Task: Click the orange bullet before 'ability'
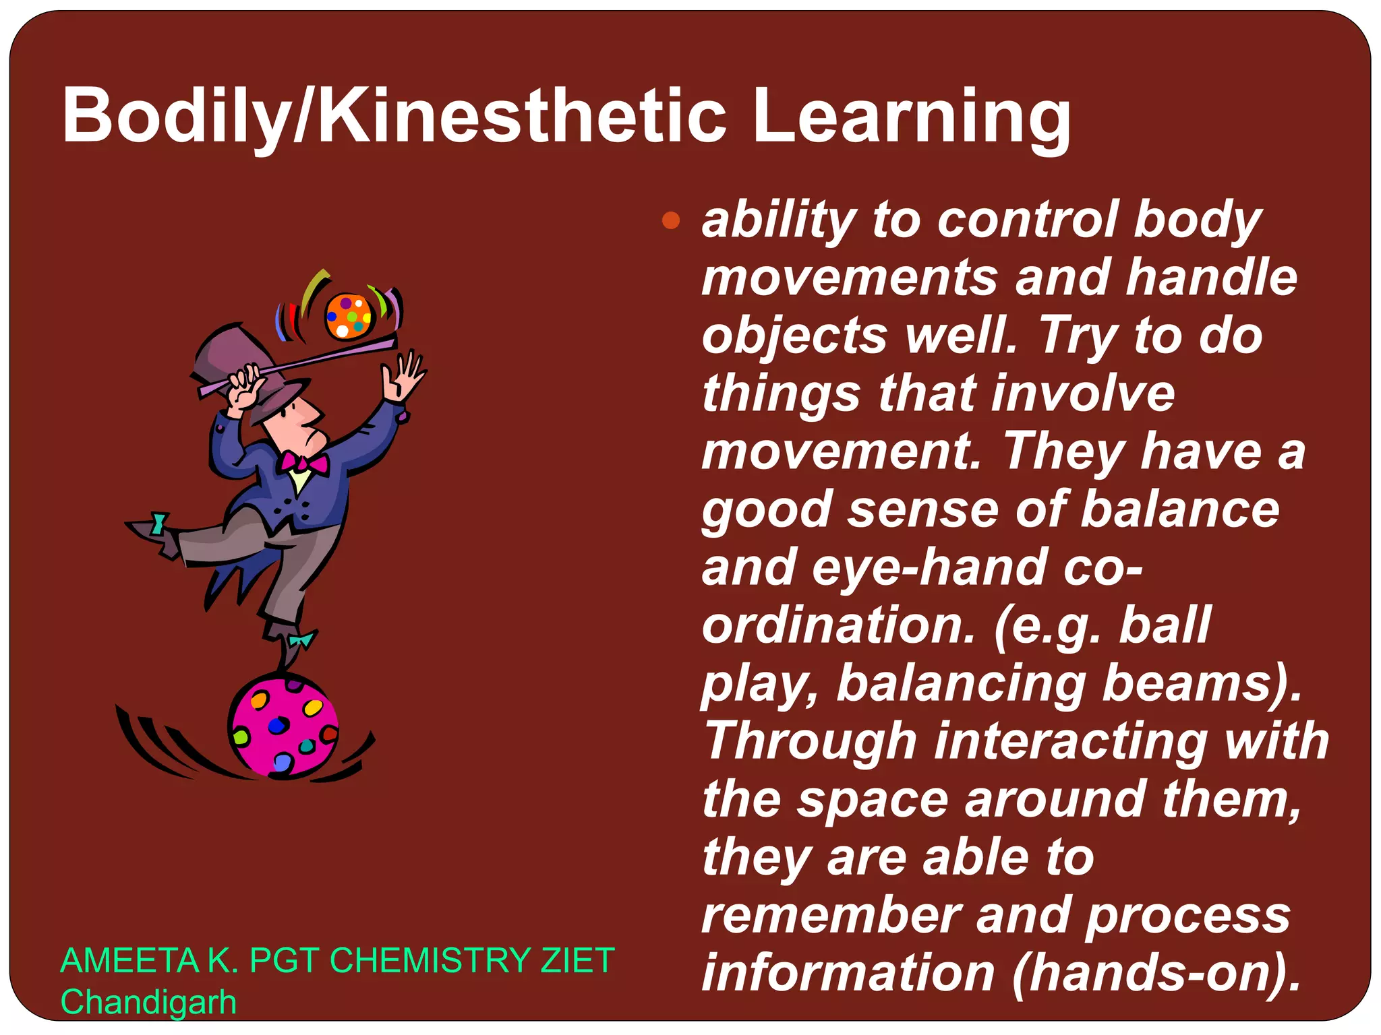tap(671, 220)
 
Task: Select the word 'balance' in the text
tap(1180, 509)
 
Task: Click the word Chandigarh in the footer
tap(148, 1002)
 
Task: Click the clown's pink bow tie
tap(305, 463)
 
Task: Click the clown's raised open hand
tap(403, 377)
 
